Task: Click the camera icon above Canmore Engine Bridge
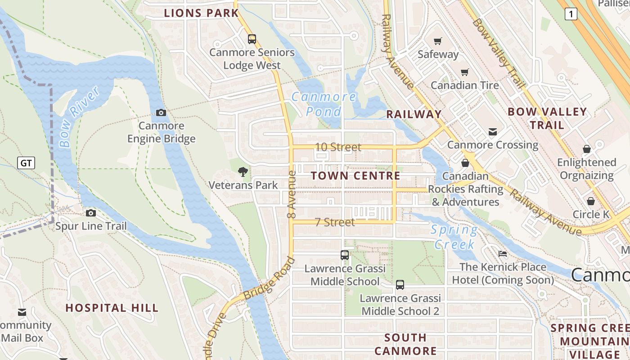pos(161,112)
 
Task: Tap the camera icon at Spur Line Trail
pos(91,213)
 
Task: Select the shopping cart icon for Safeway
pos(437,41)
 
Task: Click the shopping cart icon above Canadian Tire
pos(464,72)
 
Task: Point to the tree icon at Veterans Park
pos(243,171)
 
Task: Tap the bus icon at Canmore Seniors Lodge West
pos(252,39)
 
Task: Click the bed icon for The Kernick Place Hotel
pos(503,254)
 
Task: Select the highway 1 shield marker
pos(571,14)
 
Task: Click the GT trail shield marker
pos(26,163)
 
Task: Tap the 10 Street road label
pos(338,147)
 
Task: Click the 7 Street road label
pos(334,222)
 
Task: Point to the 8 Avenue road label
pos(292,194)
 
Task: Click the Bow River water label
pos(79,117)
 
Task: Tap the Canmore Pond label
pos(324,104)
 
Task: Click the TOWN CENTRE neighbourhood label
pos(355,176)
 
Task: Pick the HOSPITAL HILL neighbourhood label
pos(112,308)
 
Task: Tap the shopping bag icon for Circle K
pos(590,201)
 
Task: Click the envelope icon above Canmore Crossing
pos(493,131)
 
